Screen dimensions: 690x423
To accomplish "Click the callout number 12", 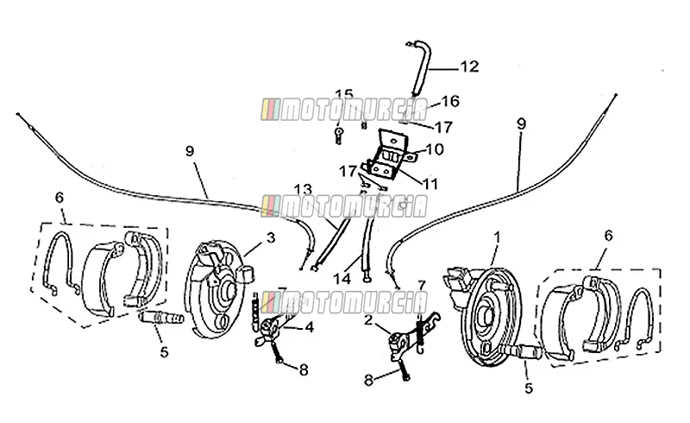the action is pos(469,66).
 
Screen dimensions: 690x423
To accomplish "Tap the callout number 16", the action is pos(450,101).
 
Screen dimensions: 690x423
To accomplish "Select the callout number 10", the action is pos(435,149).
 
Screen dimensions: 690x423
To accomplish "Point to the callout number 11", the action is pos(430,184).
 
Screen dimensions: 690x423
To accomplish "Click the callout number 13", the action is pos(303,189).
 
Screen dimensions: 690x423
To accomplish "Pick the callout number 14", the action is pos(342,279).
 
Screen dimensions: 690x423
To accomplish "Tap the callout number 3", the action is pos(271,238).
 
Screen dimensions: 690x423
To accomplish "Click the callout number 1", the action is pos(498,237).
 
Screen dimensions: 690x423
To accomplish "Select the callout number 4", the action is pos(310,327).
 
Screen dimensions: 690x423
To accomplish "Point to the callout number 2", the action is pos(368,320).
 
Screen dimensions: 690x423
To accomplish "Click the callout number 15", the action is pos(344,94).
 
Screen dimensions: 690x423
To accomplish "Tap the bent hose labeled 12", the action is pos(418,67).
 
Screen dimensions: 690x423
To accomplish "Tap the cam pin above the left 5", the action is pos(160,318).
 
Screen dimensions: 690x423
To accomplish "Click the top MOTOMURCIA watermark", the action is pos(344,110).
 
